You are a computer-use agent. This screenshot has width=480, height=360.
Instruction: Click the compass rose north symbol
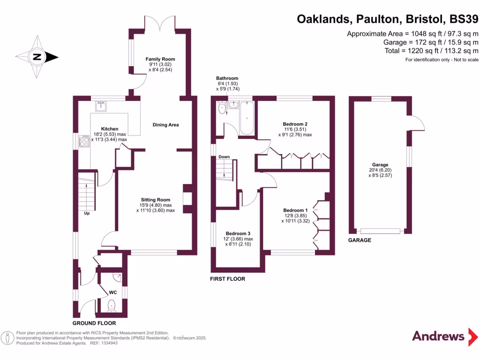click(37, 58)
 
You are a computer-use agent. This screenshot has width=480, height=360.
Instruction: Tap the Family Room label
click(154, 59)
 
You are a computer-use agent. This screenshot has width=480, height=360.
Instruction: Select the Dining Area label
click(166, 125)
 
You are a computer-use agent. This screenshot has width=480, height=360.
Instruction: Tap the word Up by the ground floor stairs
click(87, 213)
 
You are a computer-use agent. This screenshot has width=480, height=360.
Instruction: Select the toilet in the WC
click(112, 307)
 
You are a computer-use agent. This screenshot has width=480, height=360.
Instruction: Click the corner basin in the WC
click(118, 277)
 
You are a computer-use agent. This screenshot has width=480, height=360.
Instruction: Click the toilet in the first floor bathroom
click(221, 109)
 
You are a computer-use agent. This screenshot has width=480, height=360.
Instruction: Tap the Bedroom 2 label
click(296, 124)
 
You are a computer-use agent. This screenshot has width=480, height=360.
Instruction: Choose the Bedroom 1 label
click(295, 210)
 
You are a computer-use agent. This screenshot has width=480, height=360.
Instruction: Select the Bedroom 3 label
click(238, 233)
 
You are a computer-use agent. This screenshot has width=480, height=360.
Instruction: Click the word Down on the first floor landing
click(224, 157)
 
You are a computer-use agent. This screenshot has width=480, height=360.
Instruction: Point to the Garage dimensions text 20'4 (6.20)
click(380, 170)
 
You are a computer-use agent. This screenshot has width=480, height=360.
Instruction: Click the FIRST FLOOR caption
click(228, 279)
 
